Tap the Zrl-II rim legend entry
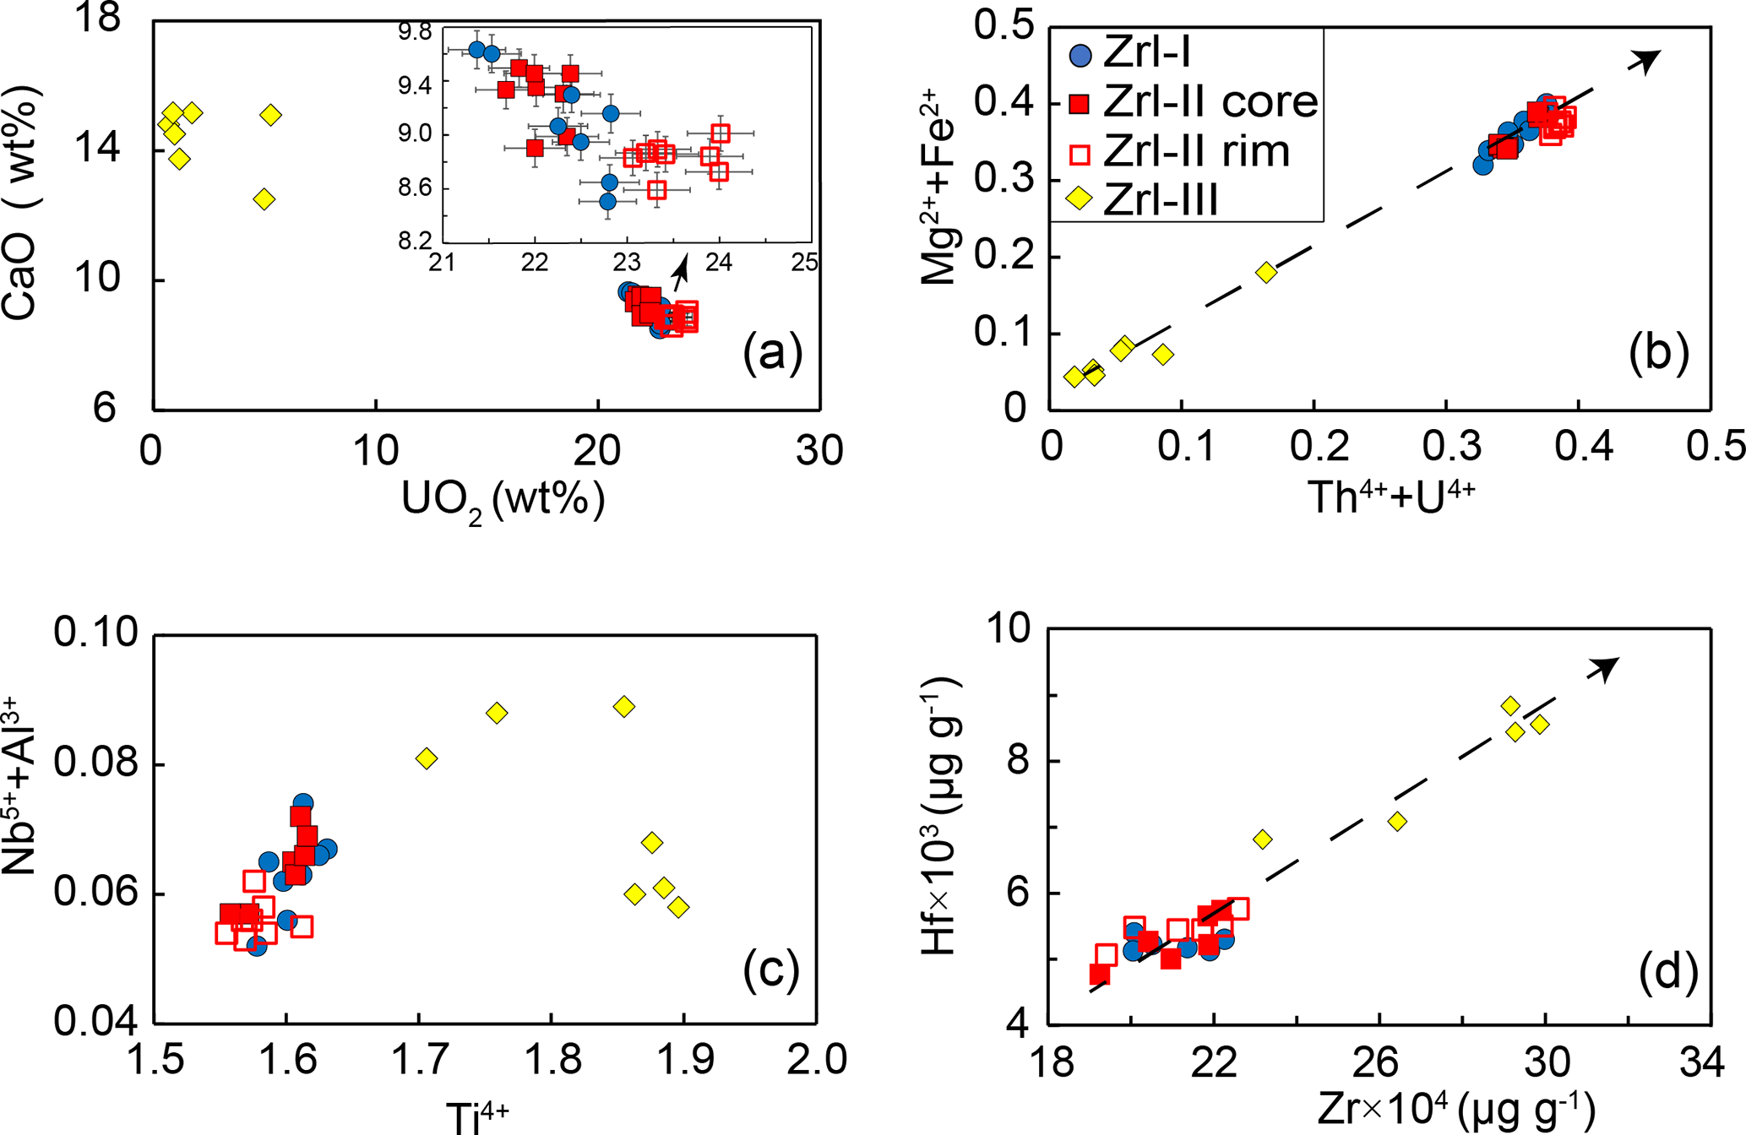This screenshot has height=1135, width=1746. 1196,151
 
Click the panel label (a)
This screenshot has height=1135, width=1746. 772,352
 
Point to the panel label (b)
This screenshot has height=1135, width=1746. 1658,350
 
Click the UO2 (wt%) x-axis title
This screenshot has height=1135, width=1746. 503,502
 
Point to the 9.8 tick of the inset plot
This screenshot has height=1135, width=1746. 415,33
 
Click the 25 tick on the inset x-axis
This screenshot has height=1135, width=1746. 804,263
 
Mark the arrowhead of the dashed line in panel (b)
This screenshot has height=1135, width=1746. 1646,59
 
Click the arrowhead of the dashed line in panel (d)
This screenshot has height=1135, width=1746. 1604,667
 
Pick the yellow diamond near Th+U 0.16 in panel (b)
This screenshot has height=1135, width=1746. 1265,272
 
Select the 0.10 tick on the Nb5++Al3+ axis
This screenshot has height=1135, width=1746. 95,633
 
